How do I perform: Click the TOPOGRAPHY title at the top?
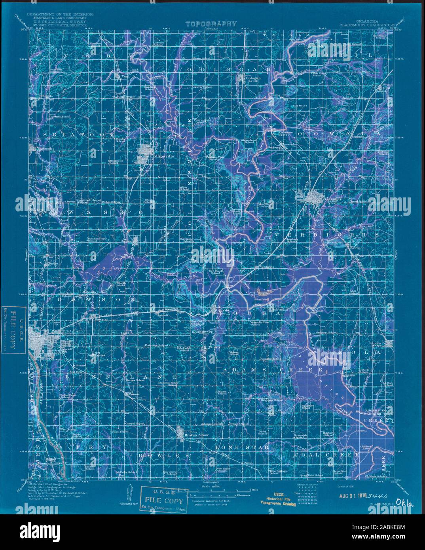(211, 24)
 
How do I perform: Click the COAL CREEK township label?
(327, 455)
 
